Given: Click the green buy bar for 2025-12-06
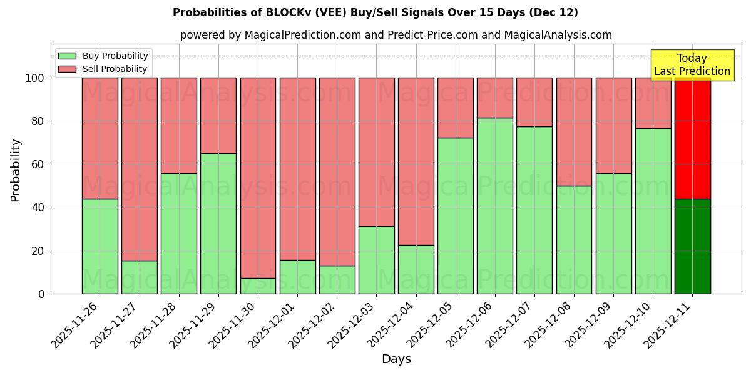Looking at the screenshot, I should [x=494, y=206].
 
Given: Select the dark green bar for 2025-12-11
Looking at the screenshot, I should [x=692, y=246].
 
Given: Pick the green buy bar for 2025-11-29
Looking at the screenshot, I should [x=218, y=223].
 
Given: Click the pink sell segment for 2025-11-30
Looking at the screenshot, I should [x=258, y=178].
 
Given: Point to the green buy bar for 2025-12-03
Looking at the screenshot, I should [x=376, y=260].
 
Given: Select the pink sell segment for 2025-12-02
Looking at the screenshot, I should [x=337, y=172].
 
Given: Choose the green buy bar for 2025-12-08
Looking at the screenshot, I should [x=574, y=239].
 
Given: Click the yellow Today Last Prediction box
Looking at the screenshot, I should [x=692, y=65].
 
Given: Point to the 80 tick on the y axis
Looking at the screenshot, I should [x=38, y=121].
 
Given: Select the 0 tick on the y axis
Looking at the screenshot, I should [x=41, y=294].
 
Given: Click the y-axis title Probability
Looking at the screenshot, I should [x=16, y=170].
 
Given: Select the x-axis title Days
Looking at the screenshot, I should [x=396, y=359].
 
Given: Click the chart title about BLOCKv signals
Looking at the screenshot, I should [x=375, y=12].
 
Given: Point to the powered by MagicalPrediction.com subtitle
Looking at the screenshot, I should [x=396, y=35].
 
